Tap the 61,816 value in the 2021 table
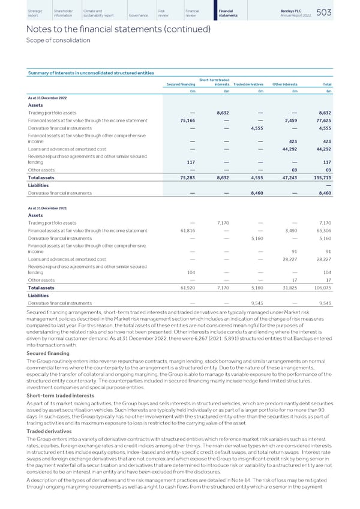point(186,231)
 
